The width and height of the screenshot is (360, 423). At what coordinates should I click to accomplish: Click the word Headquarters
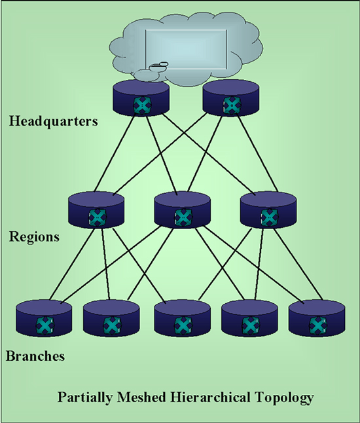coord(54,121)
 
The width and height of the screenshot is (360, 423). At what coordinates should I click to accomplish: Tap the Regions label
coord(34,237)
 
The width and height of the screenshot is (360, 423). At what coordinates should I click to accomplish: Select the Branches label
coord(35,356)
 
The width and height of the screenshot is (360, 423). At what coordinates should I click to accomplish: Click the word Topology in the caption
coord(284,398)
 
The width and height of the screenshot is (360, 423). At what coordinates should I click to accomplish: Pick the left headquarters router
coord(141,98)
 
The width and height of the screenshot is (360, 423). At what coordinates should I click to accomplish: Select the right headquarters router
coord(231,98)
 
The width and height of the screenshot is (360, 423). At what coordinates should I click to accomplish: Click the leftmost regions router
coord(96,210)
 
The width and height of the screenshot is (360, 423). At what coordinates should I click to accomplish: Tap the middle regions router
coord(183,210)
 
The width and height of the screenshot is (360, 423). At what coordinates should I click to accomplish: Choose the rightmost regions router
coord(268,210)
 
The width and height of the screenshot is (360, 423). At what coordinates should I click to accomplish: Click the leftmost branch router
coord(44,318)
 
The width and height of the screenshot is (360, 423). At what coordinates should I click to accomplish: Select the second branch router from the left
coord(111,318)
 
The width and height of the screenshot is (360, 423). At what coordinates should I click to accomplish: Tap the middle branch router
coord(183,318)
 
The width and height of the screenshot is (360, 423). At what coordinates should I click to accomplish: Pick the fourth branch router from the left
coord(249,318)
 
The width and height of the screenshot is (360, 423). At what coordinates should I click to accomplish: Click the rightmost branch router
coord(317,318)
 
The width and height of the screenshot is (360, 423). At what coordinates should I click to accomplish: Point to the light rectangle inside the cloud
coord(186,49)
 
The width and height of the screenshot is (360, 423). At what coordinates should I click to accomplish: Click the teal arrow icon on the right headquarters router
coord(232,105)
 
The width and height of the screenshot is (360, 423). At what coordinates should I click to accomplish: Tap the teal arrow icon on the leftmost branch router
coord(45,325)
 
